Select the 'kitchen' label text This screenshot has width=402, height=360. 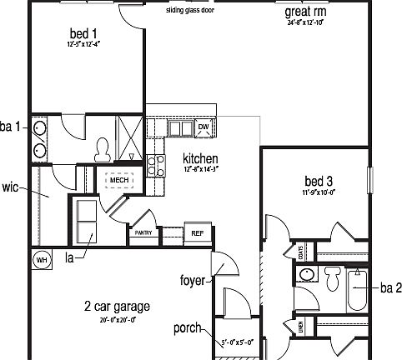(200, 158)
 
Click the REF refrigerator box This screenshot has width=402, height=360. (197, 233)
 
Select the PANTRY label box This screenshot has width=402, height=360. (143, 234)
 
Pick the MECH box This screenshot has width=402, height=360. (118, 180)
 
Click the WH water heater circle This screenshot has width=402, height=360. (41, 259)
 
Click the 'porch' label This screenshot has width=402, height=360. (187, 327)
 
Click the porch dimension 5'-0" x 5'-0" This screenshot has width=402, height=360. (238, 342)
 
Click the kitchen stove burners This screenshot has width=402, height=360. (154, 163)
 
